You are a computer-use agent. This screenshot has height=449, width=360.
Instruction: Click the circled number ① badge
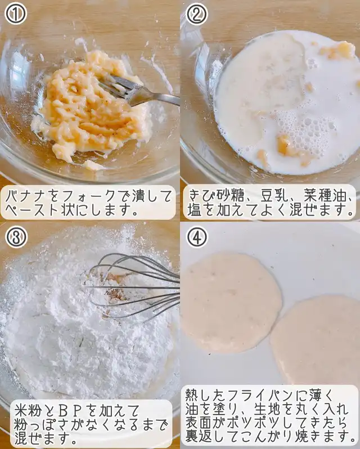point(16,14)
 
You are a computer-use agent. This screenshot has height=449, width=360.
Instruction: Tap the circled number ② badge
point(197,14)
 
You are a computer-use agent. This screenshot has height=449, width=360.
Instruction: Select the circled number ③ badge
point(16,237)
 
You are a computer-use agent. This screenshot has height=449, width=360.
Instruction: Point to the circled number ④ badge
point(197,236)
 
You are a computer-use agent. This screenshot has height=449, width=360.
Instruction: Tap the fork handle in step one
point(157,97)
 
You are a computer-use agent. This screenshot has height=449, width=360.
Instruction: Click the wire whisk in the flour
point(134,286)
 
